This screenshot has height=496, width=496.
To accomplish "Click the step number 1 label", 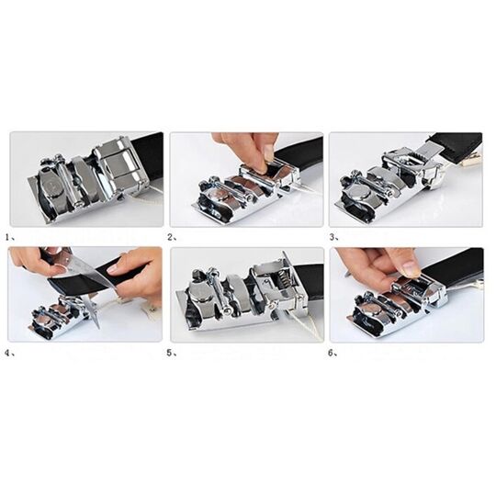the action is pos(10,237).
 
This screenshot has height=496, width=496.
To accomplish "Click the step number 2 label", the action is pos(173,237).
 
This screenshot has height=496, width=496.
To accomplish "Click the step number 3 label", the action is pos(334,237).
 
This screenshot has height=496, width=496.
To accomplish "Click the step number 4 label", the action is pos(10,353).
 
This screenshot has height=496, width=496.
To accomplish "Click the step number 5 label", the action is pos(172,353).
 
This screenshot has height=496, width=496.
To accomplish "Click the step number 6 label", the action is pos(333,353).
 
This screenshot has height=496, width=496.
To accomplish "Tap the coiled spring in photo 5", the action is pos(283,280).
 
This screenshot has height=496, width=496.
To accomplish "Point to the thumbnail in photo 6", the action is pos(411,269).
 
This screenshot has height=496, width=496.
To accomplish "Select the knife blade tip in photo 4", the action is pos(97,327).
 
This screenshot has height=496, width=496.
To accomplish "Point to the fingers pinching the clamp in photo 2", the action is pos(247,152).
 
